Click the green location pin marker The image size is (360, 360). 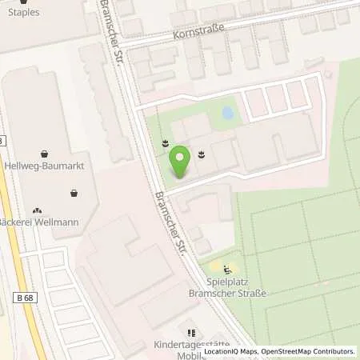point(182,163)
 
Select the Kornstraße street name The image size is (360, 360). point(198,32)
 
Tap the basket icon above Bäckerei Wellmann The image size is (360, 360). point(74,193)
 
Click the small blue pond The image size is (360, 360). point(228,114)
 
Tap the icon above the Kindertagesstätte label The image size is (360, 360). point(190,332)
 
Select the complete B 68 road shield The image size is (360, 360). point(24,298)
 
